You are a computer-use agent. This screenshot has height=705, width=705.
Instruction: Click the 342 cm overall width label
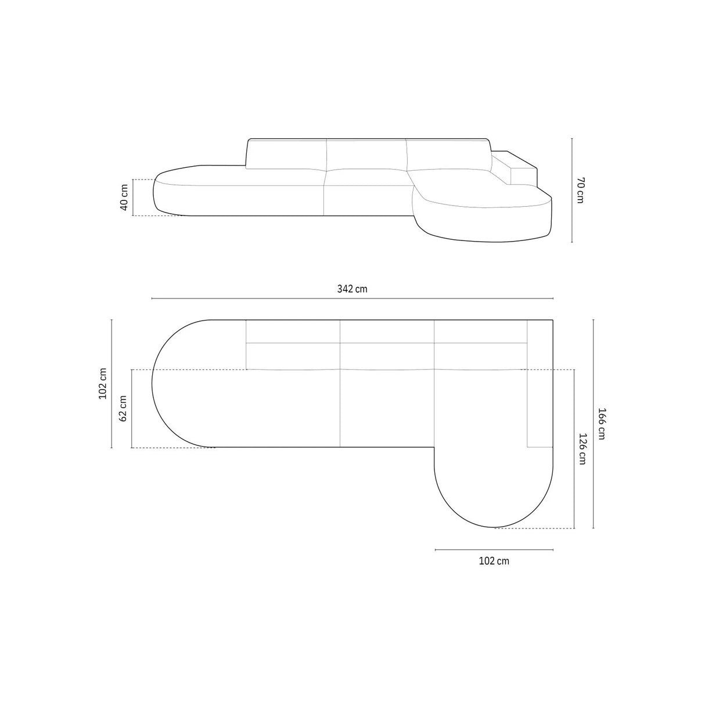coord(352,289)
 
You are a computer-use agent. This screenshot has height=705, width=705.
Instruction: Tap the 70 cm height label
coord(580,190)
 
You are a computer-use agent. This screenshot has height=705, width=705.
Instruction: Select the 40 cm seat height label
coord(124,197)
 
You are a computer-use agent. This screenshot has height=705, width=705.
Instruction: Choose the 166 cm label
coord(601,423)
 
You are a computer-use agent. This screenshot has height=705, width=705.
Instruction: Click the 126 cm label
coord(582,448)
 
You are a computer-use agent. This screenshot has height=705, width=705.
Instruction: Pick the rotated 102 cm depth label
coord(103,384)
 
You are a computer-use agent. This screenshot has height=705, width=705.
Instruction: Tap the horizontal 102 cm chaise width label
coord(494,561)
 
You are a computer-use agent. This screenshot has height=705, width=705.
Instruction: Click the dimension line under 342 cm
coord(352,298)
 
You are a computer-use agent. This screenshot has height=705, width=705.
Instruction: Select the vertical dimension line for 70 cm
coord(572,190)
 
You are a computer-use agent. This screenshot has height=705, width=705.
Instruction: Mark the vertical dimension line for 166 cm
coord(593,423)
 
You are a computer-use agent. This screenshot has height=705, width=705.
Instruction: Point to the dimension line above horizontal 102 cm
coord(494,549)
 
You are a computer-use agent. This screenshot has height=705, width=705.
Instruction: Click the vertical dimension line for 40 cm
coord(133,197)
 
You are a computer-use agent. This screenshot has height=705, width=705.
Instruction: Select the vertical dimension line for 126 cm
coord(574,448)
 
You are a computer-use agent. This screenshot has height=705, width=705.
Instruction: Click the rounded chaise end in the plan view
coord(494,494)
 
